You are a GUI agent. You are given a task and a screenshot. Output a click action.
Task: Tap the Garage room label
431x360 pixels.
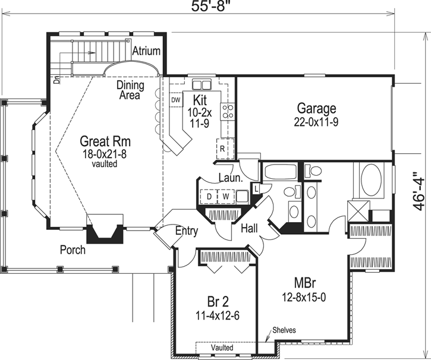pos(316,109)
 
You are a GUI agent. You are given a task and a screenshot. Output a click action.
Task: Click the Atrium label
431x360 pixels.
pos(146,51)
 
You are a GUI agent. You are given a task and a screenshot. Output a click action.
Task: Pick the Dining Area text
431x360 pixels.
pos(130,90)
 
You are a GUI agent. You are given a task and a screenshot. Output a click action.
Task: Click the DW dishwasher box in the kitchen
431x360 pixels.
pos(175,100)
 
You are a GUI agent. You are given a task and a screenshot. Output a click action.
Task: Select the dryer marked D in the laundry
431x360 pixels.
pos(210,195)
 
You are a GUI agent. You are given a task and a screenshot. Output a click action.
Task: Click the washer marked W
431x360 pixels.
pos(226,195)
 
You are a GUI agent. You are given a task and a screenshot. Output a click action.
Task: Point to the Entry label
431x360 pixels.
pos(186,231)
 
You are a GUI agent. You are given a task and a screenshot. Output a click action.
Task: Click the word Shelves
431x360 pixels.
pos(285,330)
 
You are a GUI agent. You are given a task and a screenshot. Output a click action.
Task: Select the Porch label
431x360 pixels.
pos(72,250)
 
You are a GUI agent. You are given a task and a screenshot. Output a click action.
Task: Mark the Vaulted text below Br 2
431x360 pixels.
pos(222,348)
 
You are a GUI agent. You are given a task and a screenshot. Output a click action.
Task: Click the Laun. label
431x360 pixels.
pos(229,177)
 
